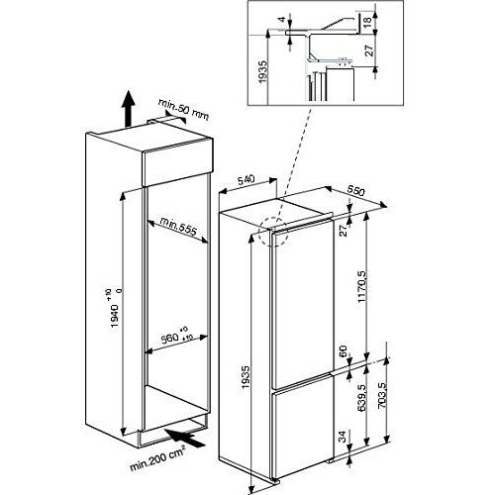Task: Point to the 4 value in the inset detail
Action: pos(281,18)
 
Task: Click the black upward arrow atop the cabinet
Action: pos(128,106)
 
